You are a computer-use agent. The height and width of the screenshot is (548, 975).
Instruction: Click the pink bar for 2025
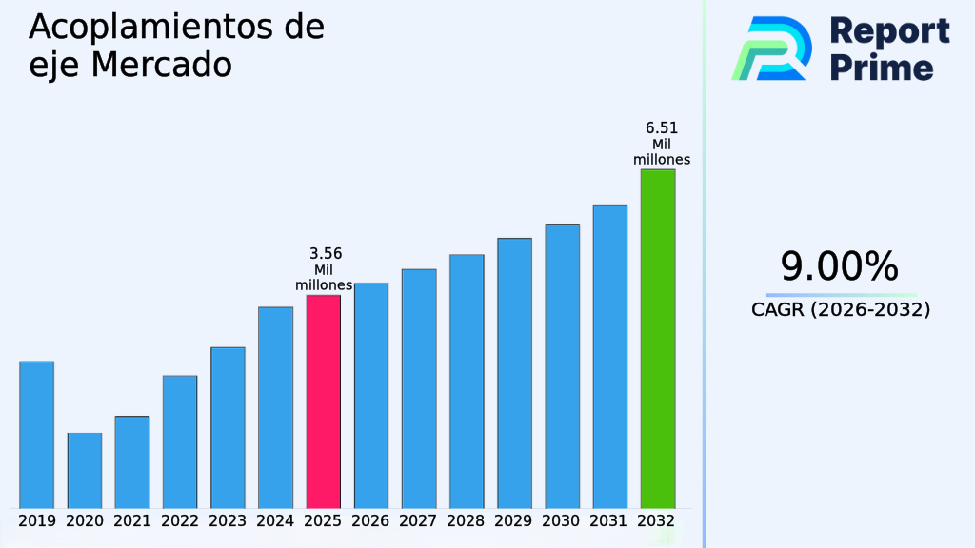323,401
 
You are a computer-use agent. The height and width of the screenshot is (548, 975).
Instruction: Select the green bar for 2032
658,339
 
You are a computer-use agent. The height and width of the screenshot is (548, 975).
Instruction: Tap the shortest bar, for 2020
85,470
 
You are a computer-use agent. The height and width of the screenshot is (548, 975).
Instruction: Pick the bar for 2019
36,435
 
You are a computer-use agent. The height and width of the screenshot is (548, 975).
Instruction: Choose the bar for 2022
180,441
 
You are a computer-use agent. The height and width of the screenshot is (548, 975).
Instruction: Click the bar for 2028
467,381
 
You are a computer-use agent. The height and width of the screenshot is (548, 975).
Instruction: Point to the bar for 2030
562,365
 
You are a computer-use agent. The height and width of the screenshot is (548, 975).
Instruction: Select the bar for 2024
275,407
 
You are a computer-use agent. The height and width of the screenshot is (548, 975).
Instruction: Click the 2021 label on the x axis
132,521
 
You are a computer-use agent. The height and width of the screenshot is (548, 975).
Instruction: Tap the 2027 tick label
419,521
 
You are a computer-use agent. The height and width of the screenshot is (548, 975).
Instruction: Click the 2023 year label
228,521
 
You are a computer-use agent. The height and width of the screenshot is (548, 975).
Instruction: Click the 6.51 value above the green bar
662,128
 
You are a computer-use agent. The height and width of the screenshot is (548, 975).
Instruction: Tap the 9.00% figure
840,267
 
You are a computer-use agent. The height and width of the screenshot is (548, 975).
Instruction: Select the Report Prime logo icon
770,48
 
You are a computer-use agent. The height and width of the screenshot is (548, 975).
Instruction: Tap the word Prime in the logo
882,68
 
